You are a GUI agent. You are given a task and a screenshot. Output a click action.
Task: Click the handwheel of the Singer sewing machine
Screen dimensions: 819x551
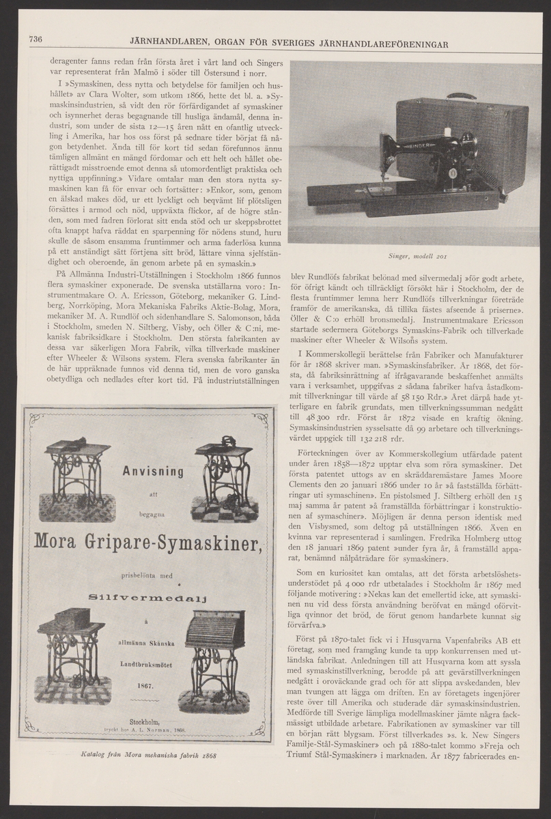point(468,146)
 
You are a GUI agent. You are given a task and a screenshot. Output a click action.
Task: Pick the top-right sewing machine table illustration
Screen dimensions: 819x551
point(228,474)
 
